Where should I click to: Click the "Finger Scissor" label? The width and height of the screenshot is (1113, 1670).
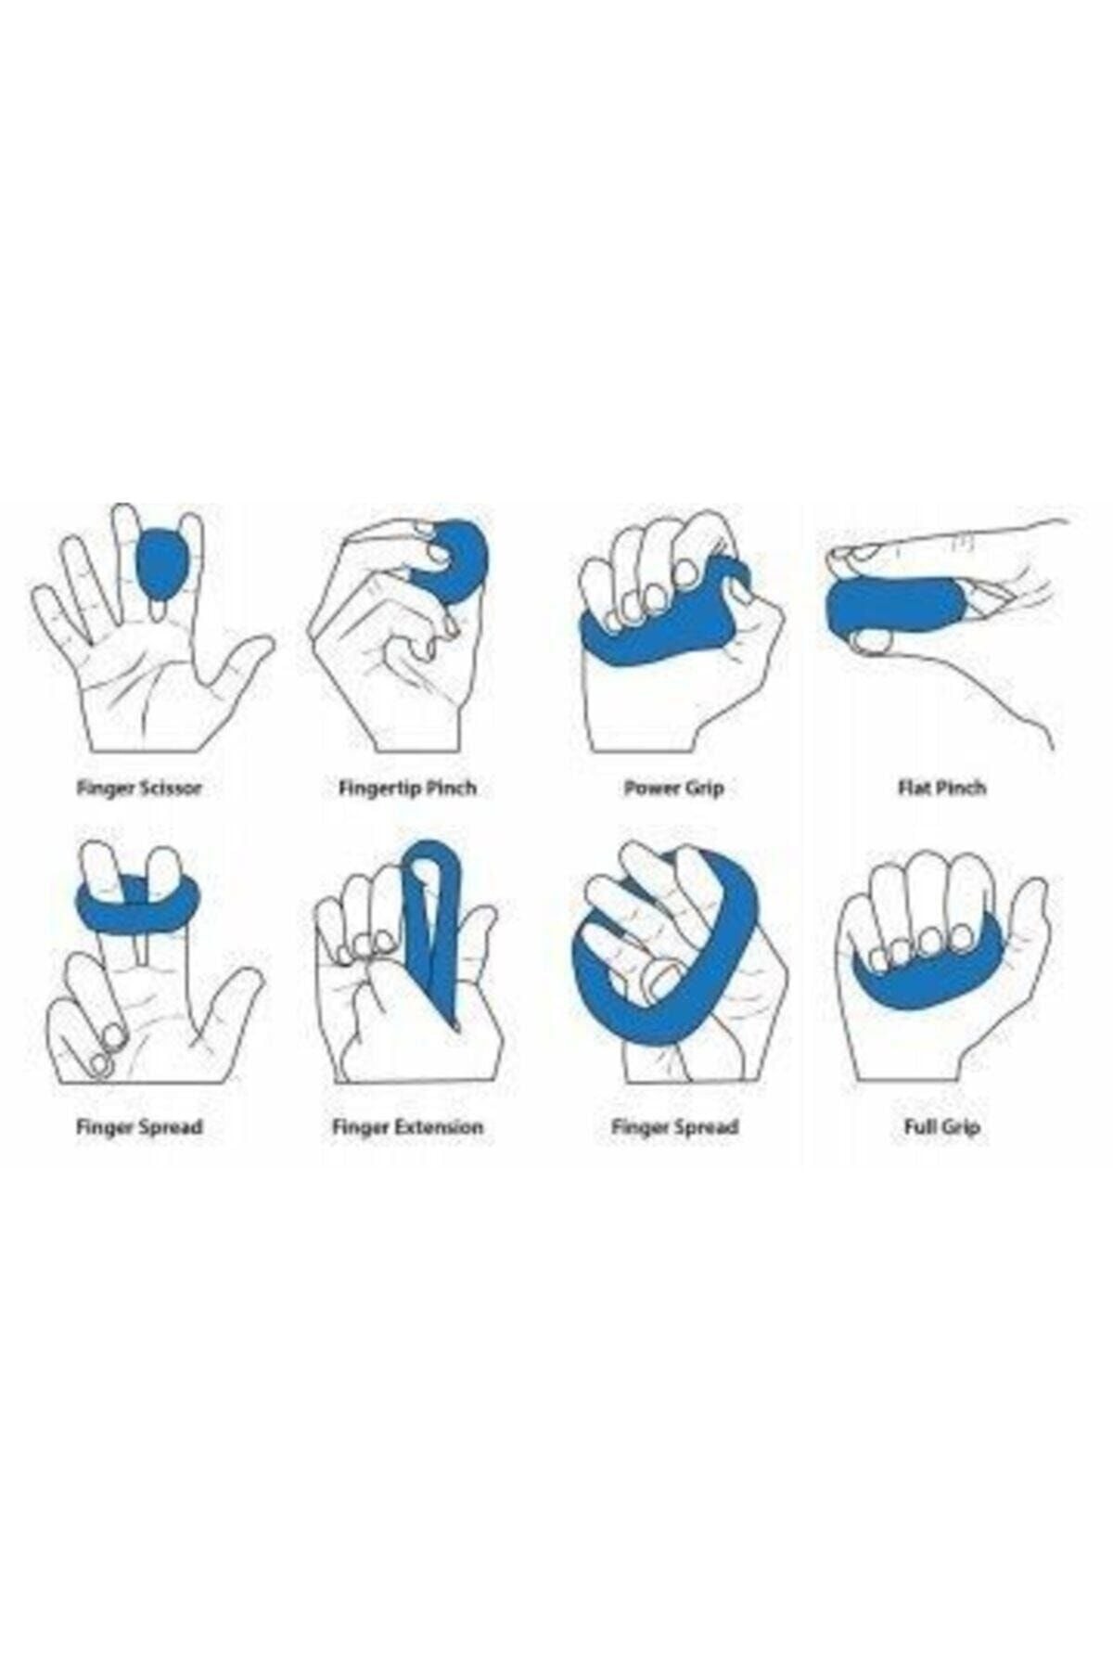[139, 788]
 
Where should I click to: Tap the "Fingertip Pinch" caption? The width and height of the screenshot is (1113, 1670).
[407, 788]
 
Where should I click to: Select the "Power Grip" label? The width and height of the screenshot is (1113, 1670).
[673, 788]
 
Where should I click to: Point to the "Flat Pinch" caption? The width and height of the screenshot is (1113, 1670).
[941, 788]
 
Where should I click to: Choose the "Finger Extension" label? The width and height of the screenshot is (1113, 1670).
[407, 1127]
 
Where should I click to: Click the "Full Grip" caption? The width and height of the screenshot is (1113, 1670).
[941, 1127]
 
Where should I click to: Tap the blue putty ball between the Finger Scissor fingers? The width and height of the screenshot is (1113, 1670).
[160, 564]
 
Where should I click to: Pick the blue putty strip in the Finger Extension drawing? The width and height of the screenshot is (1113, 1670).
[433, 928]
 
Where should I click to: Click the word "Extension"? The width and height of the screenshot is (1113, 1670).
[439, 1127]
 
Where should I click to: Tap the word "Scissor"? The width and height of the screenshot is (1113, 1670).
[170, 788]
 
